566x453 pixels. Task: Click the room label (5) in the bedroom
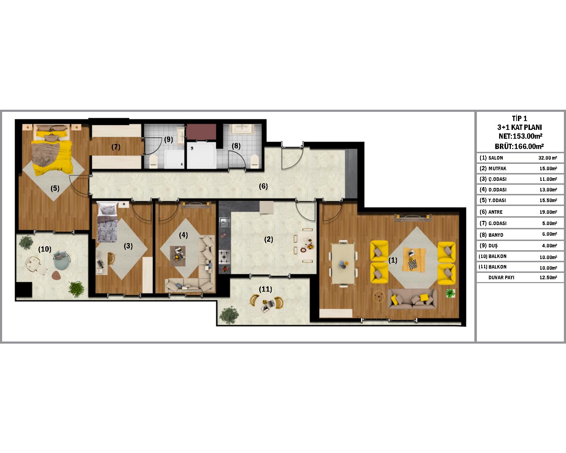pos(55,189)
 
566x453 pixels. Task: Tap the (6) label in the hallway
pos(263,187)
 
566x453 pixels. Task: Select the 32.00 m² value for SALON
pos(548,158)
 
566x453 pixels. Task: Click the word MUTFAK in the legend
pos(497,168)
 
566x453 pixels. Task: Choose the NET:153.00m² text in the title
pos(520,136)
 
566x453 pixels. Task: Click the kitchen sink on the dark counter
pos(224,222)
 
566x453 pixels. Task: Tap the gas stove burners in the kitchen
pos(224,257)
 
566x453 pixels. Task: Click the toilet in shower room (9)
pos(153,161)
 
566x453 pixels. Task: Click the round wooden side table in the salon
pos(379,297)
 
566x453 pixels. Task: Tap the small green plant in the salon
pos(450,293)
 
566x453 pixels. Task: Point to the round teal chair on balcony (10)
pos(62,260)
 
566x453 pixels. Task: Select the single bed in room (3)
pos(107,222)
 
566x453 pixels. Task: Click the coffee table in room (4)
pos(178,256)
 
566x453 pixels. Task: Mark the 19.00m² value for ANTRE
pos(548,212)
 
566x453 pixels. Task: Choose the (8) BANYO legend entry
pos(491,235)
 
